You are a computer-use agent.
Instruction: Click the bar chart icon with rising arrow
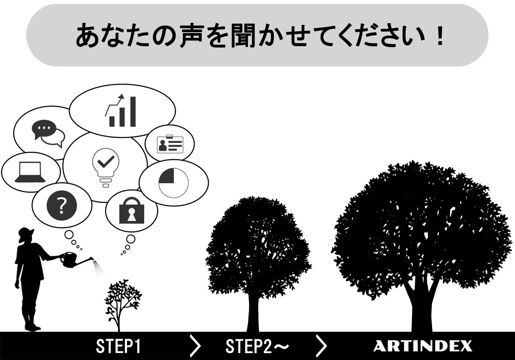121,111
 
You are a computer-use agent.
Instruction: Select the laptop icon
30,172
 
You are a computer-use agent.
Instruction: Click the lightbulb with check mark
105,166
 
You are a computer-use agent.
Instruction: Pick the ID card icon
170,144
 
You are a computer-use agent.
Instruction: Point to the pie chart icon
173,183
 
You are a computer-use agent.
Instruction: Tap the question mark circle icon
62,206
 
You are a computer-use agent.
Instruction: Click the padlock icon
132,210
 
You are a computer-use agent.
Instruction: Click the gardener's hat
26,233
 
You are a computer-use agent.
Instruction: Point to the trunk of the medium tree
253,313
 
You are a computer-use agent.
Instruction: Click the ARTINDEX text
422,346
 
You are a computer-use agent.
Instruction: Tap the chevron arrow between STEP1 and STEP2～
195,346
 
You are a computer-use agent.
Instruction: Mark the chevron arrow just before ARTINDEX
321,346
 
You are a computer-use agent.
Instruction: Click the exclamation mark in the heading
438,36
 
